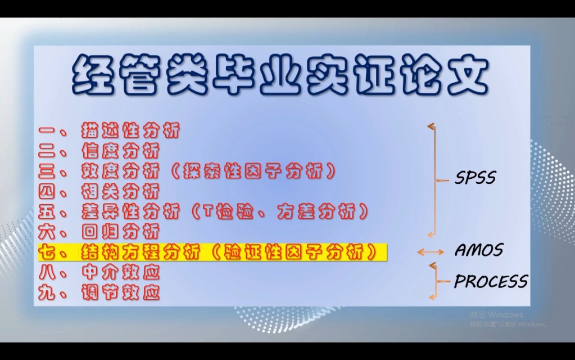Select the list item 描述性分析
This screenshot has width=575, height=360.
pos(130,132)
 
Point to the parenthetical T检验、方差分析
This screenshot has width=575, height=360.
pos(279,211)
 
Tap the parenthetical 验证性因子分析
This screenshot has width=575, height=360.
pos(296,252)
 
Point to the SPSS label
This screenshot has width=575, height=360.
pos(476,178)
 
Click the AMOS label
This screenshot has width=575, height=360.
pos(478,250)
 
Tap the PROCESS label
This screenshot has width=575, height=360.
pos(491,281)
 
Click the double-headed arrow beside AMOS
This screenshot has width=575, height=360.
pos(430,252)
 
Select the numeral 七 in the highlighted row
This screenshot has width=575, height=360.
pos(48,252)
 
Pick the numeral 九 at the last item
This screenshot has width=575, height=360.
pos(48,292)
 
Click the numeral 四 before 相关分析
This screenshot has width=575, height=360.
pos(48,191)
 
